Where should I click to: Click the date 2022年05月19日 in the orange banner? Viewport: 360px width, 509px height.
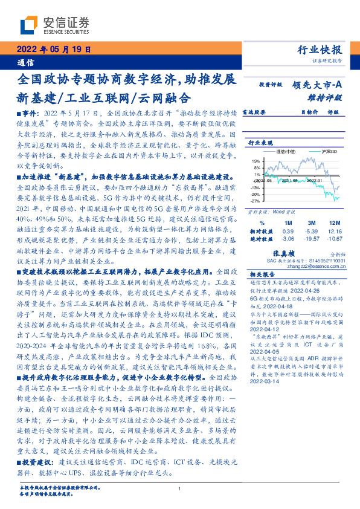coord(53,50)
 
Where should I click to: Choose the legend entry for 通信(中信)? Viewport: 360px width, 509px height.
coord(292,152)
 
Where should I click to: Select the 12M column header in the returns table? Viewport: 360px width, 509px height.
coord(335,222)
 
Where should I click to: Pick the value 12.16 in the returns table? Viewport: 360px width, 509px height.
coord(335,232)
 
